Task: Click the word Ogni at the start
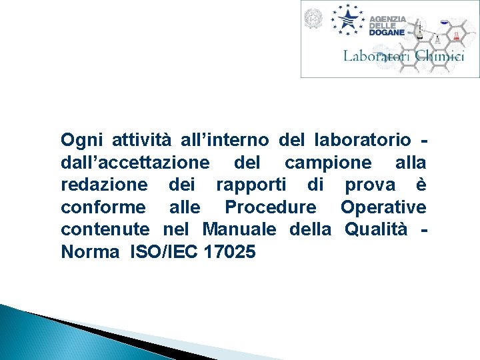[x=79, y=141]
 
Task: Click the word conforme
[x=101, y=207]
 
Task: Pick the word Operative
[x=383, y=208]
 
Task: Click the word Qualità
[x=379, y=230]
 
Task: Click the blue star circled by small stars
[x=348, y=18]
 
